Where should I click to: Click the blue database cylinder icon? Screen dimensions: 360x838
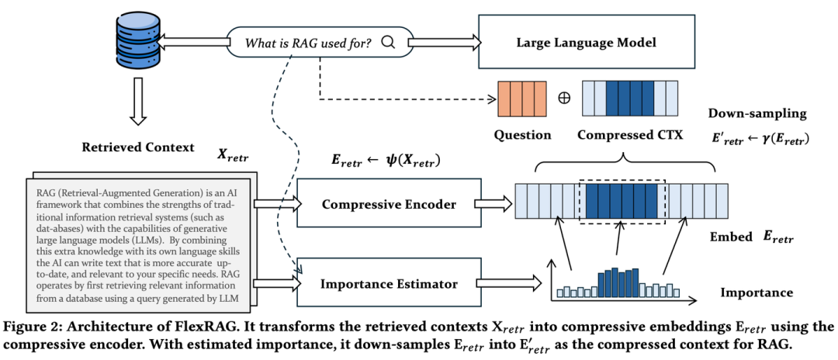[137, 45]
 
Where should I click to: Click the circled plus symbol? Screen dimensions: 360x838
[564, 99]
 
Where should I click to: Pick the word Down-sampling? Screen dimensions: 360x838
[757, 113]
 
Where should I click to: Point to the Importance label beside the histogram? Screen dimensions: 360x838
[757, 292]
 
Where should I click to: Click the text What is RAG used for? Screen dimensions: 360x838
[307, 42]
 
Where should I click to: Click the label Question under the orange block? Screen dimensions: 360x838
[523, 135]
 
